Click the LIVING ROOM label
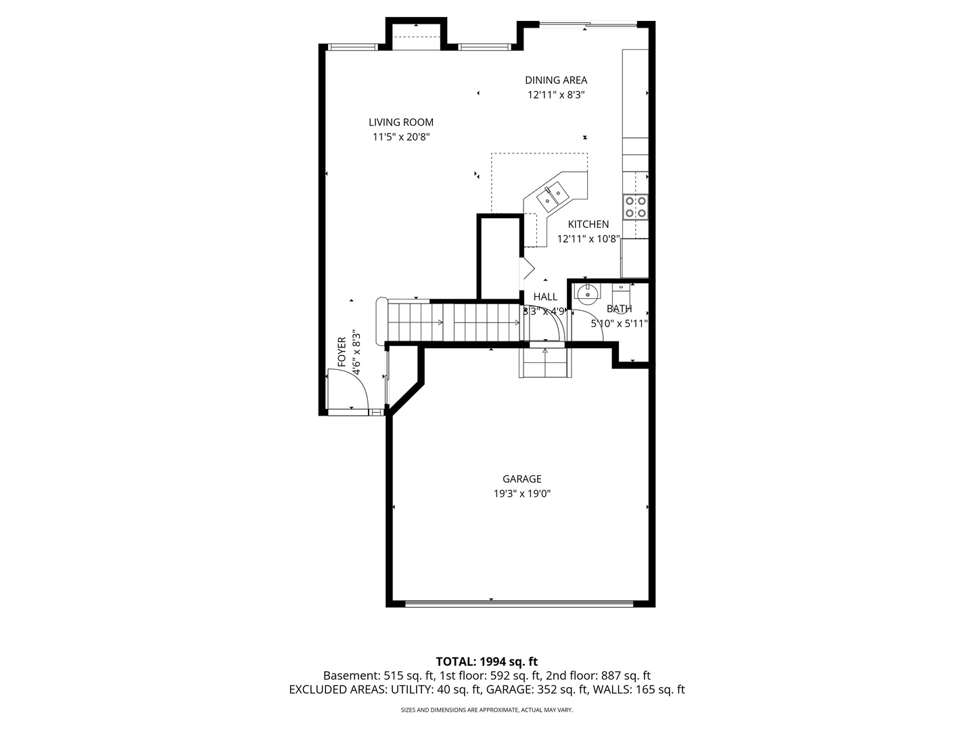(400, 122)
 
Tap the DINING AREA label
(556, 80)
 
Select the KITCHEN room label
(588, 224)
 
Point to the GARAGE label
(521, 479)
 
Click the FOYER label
(342, 352)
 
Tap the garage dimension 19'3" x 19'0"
(521, 493)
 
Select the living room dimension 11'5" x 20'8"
(401, 137)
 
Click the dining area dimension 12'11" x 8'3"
(556, 95)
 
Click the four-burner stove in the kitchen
(635, 207)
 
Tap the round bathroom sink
(588, 293)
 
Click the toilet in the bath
(621, 293)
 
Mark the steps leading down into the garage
(545, 362)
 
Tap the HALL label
(545, 297)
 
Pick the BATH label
(619, 309)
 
